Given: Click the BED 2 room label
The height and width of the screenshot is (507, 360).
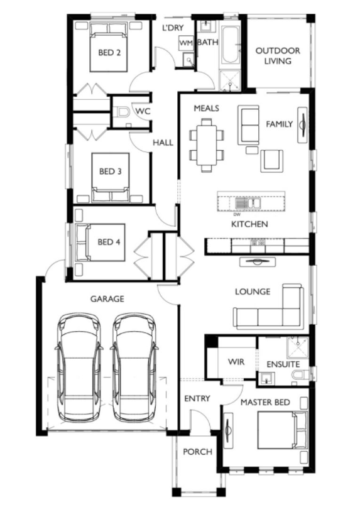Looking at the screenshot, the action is [109, 52].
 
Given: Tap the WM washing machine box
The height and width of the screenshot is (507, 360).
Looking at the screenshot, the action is [186, 43].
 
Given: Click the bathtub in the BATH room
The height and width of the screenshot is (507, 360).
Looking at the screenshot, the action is [231, 45].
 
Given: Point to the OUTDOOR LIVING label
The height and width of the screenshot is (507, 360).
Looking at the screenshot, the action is [278, 56].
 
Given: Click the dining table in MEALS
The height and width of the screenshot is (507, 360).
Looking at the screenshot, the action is [206, 144].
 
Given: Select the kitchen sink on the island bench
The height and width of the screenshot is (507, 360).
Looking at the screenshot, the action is [248, 203].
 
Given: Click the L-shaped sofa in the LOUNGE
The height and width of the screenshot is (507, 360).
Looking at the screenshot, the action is [269, 307].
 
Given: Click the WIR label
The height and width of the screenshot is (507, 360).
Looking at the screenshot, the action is [236, 362].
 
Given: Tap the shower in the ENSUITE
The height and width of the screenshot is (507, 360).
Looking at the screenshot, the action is [298, 347].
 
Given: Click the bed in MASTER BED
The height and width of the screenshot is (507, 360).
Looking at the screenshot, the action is [282, 430].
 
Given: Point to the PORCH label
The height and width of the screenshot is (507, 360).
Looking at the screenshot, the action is [198, 452].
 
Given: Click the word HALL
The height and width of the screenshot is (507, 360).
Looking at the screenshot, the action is [163, 143].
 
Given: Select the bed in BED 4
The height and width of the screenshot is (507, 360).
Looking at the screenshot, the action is [100, 243].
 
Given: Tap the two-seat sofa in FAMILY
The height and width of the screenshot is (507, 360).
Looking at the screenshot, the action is [248, 125].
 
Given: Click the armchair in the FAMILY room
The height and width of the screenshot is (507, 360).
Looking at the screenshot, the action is [271, 161].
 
